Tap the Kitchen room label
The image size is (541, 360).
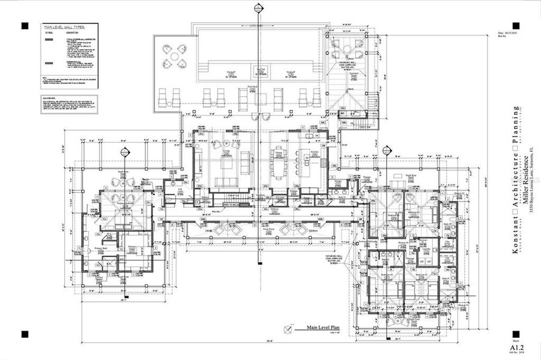coord(313,152)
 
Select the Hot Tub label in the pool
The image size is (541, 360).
coord(259,70)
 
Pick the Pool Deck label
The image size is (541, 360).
coord(251,87)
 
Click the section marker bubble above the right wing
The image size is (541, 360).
coord(385,149)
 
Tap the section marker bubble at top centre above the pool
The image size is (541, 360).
coord(259,8)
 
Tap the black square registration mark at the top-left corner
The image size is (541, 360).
coord(25,26)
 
